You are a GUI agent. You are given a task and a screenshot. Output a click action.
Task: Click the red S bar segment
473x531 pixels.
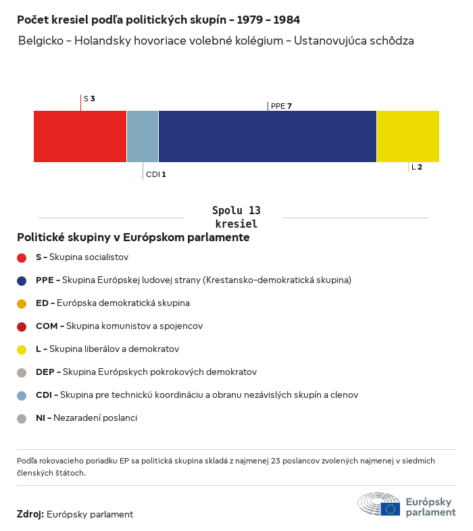click(x=80, y=136)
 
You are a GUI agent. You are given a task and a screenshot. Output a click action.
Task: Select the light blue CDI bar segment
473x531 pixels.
click(x=143, y=136)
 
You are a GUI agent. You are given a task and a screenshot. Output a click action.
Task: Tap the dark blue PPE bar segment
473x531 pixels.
click(x=267, y=136)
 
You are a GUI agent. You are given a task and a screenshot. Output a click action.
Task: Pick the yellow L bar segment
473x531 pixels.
click(x=407, y=136)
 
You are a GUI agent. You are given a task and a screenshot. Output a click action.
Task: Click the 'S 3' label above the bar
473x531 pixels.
click(x=89, y=99)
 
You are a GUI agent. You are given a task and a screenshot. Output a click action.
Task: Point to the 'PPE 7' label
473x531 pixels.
click(x=281, y=106)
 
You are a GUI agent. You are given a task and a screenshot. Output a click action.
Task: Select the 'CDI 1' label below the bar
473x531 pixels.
click(x=155, y=174)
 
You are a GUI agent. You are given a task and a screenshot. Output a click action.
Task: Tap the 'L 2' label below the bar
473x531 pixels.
click(x=417, y=167)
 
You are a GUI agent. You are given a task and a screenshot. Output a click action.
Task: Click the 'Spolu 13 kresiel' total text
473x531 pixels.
click(x=236, y=217)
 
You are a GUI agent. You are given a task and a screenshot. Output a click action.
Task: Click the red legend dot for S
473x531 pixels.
click(x=22, y=257)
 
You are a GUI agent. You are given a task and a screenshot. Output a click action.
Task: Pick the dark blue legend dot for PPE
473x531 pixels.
click(x=22, y=280)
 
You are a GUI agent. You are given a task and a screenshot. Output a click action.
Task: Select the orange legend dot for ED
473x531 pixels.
click(x=22, y=303)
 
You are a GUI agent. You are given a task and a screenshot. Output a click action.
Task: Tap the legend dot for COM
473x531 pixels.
click(x=22, y=326)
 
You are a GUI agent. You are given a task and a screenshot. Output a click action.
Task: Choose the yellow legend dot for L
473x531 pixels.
click(x=22, y=349)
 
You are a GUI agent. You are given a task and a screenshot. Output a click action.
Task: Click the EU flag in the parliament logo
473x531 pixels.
click(x=390, y=509)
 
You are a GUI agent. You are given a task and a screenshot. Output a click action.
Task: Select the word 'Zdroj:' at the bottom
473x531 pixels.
click(x=30, y=514)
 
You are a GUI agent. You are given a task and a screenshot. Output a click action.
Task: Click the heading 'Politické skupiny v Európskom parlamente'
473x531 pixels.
click(x=133, y=238)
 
